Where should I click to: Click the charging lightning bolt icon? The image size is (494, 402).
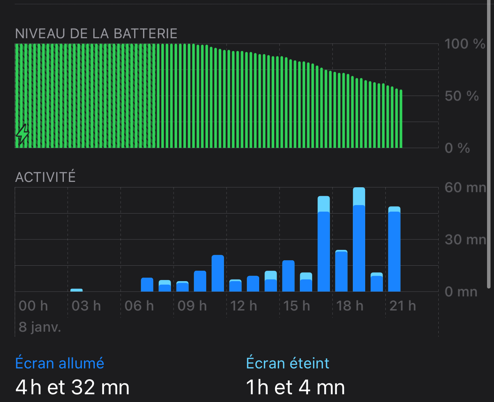point(22,134)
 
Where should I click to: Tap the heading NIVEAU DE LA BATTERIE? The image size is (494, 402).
point(96,34)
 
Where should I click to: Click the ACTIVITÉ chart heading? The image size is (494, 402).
point(45,177)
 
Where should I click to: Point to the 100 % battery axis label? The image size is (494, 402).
point(465,44)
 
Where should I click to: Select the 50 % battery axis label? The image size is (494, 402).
point(462,96)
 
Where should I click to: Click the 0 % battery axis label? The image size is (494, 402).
point(457,148)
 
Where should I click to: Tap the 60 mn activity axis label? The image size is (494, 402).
point(465,188)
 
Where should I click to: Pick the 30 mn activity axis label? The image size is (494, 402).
point(465,240)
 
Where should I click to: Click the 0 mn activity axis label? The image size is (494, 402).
point(461,292)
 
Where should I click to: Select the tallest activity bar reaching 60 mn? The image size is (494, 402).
point(359,239)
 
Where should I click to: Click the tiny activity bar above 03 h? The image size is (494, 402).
point(77,290)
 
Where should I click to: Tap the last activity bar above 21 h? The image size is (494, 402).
point(394,249)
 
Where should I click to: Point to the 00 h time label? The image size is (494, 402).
point(33,306)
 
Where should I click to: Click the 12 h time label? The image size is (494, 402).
point(244,306)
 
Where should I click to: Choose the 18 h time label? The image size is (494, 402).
point(350,306)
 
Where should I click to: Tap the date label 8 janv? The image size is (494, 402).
point(40,327)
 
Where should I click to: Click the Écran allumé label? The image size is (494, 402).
point(60,363)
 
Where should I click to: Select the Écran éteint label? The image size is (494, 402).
point(287,363)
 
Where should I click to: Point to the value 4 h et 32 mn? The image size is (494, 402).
point(72,387)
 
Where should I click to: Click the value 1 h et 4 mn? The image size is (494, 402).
point(295,387)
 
